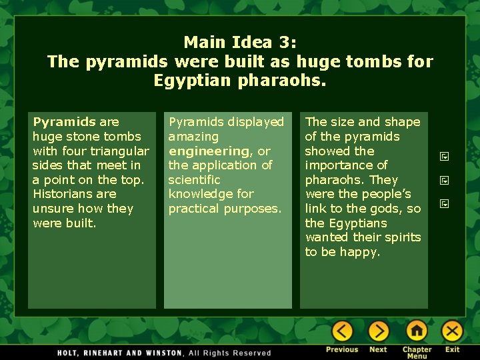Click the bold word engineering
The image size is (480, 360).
pyautogui.click(x=208, y=151)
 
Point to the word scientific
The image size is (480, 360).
pyautogui.click(x=194, y=180)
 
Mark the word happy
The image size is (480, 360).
pyautogui.click(x=359, y=252)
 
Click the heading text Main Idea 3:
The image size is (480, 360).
pyautogui.click(x=240, y=43)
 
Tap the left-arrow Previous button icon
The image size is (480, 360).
pyautogui.click(x=342, y=331)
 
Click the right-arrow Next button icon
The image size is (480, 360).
pyautogui.click(x=378, y=331)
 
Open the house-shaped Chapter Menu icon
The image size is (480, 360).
pyautogui.click(x=417, y=331)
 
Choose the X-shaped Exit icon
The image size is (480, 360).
pyautogui.click(x=453, y=331)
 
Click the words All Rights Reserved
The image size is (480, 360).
pyautogui.click(x=230, y=353)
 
